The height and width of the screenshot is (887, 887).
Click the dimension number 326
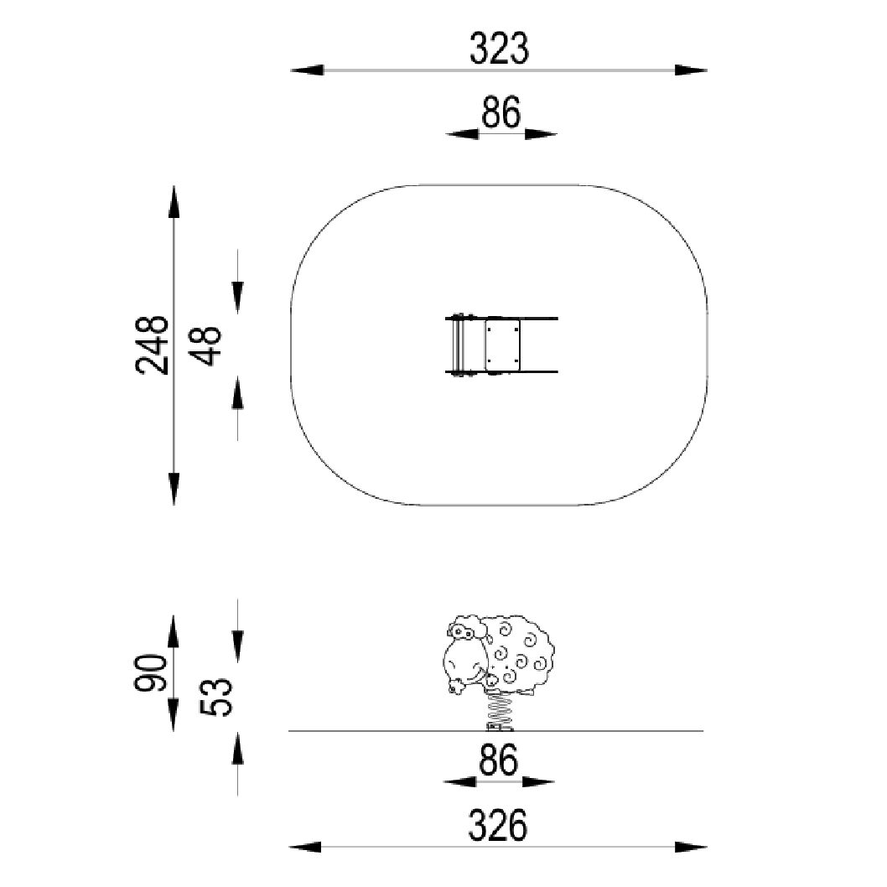click(x=498, y=825)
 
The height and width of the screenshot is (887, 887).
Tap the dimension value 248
click(x=153, y=345)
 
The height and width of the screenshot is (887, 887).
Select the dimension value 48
click(x=205, y=345)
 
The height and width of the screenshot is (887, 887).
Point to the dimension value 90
click(x=150, y=673)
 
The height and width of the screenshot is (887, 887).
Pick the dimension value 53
click(x=216, y=698)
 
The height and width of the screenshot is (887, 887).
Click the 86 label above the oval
click(x=501, y=112)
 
